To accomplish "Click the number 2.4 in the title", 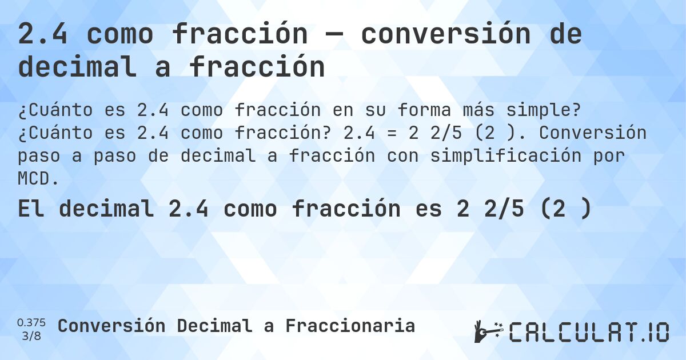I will click(x=43, y=35).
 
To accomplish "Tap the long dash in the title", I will click(x=333, y=35).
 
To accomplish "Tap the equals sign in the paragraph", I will click(x=410, y=133).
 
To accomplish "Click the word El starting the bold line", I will click(x=31, y=209).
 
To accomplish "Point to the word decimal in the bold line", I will click(x=107, y=209).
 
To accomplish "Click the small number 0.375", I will click(x=31, y=322).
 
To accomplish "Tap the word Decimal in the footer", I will click(x=214, y=326).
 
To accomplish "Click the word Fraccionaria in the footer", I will click(x=350, y=326).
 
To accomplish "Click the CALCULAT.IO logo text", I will click(x=589, y=332).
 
